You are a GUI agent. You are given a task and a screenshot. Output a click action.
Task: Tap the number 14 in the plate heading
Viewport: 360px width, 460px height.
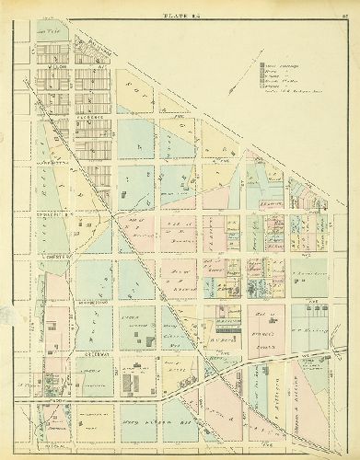coord(194,15)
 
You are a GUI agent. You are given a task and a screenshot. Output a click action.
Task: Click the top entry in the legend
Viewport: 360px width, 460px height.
coord(275,65)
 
